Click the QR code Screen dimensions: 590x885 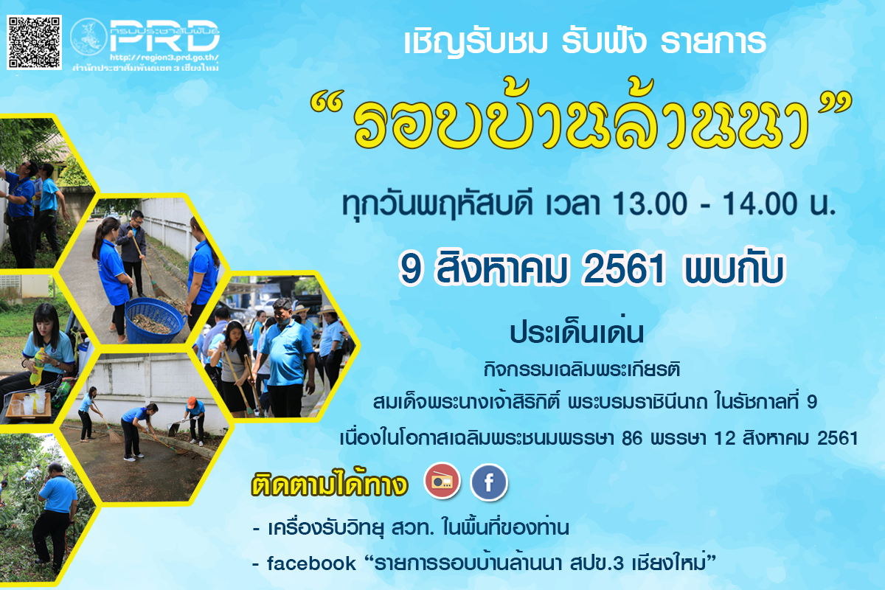click(x=34, y=42)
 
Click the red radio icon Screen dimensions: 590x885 click(x=442, y=482)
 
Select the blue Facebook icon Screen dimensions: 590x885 click(x=489, y=483)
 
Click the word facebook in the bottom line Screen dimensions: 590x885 click(x=310, y=563)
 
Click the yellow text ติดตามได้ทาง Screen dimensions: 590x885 click(x=330, y=486)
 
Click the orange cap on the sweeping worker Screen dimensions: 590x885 click(x=192, y=402)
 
